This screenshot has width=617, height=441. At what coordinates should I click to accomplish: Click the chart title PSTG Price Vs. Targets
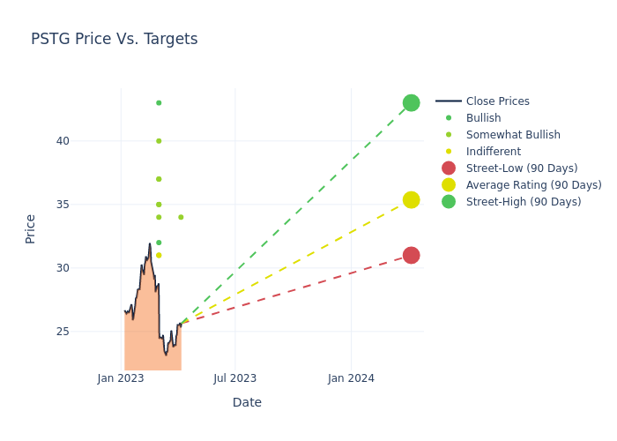click(x=115, y=40)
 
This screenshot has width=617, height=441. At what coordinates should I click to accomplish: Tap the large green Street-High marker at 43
click(x=411, y=103)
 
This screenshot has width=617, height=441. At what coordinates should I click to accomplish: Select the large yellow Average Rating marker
click(x=411, y=200)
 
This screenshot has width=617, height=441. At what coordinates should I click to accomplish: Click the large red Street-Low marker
click(x=411, y=255)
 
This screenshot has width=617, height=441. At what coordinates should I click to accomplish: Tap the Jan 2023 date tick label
click(x=121, y=378)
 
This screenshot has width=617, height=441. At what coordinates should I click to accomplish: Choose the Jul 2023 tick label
click(x=235, y=378)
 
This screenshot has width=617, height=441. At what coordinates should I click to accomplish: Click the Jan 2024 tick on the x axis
click(x=351, y=378)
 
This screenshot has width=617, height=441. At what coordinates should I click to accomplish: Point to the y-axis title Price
click(x=31, y=228)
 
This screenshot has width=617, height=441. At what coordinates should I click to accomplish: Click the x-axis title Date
click(x=247, y=403)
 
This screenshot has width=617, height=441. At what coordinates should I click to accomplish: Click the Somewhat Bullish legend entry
click(x=513, y=135)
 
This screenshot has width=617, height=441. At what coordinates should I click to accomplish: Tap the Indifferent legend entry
click(x=493, y=152)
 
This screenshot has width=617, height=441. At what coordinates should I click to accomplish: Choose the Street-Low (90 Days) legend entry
click(x=521, y=168)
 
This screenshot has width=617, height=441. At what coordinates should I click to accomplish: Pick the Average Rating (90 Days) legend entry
click(x=533, y=185)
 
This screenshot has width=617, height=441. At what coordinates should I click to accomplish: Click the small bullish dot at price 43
click(x=159, y=103)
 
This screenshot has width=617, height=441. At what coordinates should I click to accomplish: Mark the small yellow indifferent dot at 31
click(x=159, y=255)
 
